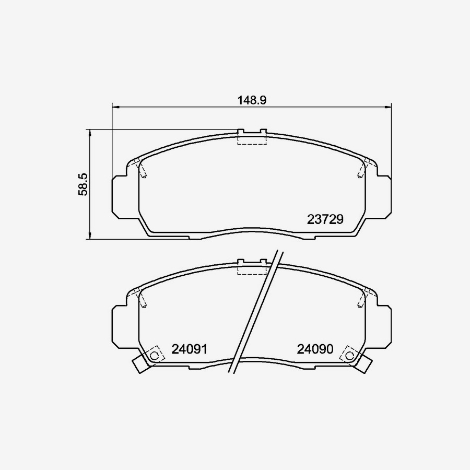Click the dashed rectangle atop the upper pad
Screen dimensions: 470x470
click(252, 138)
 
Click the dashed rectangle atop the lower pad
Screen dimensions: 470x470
click(252, 268)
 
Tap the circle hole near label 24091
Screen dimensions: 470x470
click(154, 355)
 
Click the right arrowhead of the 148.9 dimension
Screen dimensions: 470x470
click(387, 106)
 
